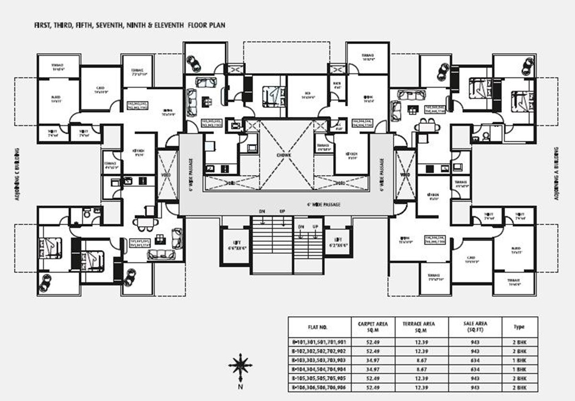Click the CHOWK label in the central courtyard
pos(284,156)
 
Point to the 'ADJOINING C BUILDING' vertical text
pos(17,175)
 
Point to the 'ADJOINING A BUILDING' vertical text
pos(557,173)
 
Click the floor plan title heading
pos(129,24)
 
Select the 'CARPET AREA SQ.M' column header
pos(373,327)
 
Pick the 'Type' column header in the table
pos(518,327)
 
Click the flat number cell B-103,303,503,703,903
pos(319,359)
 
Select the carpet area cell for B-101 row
pos(373,342)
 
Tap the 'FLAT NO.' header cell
pos(319,327)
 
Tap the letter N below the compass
pos(241,386)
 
